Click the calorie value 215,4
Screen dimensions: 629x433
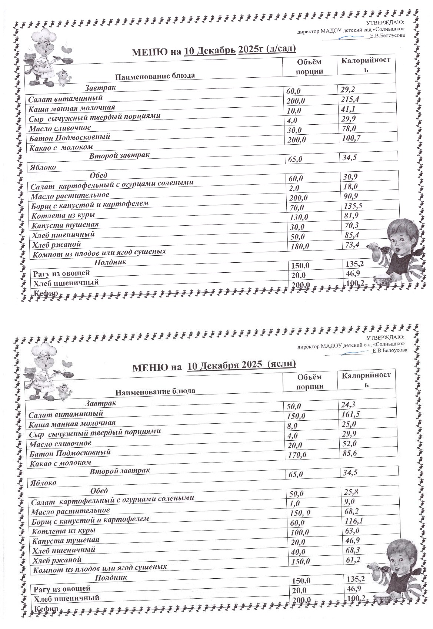point(350,99)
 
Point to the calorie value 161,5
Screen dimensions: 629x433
point(350,414)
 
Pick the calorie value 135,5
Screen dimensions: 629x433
point(353,206)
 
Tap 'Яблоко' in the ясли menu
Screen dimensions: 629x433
point(42,482)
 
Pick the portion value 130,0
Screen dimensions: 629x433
point(300,217)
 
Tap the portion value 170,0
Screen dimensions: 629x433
point(297,455)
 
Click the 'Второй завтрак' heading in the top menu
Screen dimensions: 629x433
point(119,155)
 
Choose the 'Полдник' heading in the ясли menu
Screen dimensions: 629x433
point(111,577)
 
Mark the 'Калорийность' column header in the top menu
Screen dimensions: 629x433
point(366,65)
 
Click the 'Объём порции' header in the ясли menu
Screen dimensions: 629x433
point(310,381)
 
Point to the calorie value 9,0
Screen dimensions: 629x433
point(349,502)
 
